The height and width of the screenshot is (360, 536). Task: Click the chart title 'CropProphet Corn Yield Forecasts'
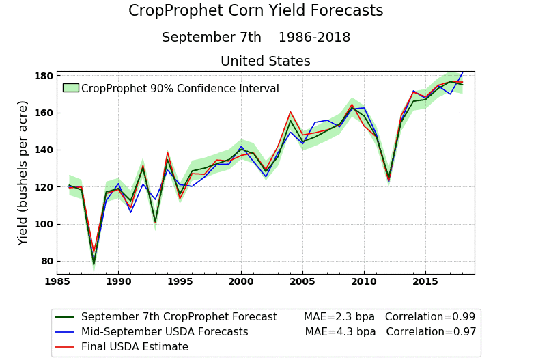[x=255, y=11]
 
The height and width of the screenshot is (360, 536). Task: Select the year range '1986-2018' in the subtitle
[x=314, y=38]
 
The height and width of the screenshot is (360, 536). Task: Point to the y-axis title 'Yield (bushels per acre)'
[x=23, y=173]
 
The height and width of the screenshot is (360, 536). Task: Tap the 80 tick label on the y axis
[x=45, y=261]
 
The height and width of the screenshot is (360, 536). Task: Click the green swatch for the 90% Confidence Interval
[x=70, y=88]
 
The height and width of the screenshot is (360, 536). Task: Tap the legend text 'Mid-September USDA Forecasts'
[x=165, y=332]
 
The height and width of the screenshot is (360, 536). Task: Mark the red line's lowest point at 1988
[x=94, y=252]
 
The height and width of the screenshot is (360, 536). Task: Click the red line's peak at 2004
[x=290, y=112]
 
